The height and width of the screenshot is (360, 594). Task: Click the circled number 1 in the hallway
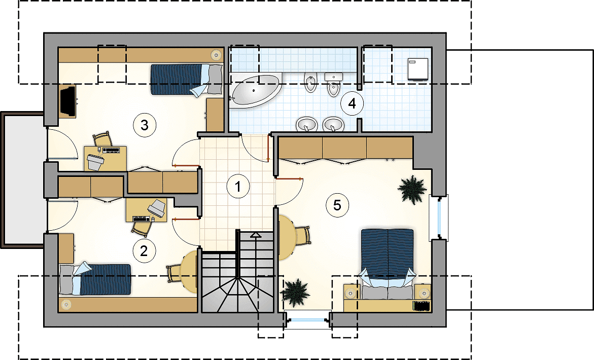(238, 186)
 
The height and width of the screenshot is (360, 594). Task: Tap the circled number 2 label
(144, 250)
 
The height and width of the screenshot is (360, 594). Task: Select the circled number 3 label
(145, 125)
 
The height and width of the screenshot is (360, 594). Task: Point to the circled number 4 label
(352, 103)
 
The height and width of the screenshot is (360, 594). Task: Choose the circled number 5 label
(337, 205)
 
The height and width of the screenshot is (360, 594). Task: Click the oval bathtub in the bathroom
(256, 90)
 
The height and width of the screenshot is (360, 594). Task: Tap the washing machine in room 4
(418, 69)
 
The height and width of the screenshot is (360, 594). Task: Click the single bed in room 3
(186, 80)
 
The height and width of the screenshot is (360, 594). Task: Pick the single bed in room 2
(95, 279)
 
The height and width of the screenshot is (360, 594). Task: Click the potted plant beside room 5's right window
(412, 189)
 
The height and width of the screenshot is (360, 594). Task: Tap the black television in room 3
(68, 101)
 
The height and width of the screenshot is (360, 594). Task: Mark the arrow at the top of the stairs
(256, 235)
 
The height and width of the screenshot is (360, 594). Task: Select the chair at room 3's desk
(102, 139)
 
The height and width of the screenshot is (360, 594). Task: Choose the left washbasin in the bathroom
(306, 124)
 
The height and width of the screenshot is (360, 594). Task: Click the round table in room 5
(286, 237)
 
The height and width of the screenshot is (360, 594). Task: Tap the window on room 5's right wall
(439, 218)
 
